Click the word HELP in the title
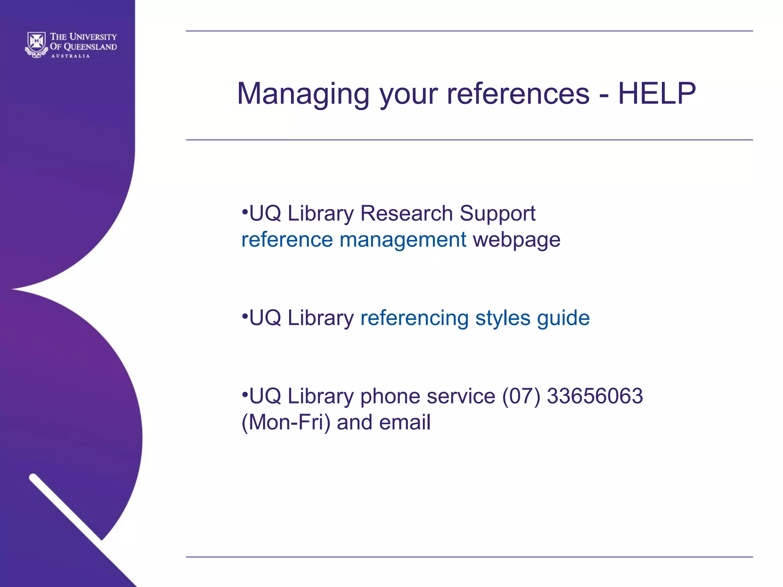click(656, 94)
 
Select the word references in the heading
click(518, 94)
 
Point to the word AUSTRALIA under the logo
click(71, 56)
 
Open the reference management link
click(354, 240)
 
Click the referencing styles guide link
click(475, 318)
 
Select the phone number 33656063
click(595, 396)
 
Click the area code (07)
click(521, 396)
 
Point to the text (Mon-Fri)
click(286, 422)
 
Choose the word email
click(405, 422)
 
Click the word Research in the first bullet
click(406, 213)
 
